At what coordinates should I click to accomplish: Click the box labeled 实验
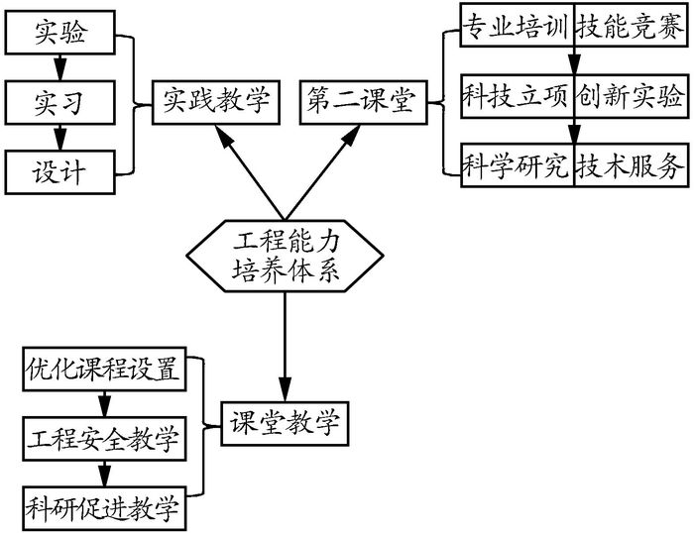point(59,35)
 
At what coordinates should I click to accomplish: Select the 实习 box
point(59,102)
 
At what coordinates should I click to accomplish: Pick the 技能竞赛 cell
point(630,26)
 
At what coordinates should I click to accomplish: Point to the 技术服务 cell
point(630,166)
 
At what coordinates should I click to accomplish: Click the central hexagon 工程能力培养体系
point(286,256)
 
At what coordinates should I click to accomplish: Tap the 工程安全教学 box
point(103,437)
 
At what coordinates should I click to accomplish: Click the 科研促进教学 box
point(103,508)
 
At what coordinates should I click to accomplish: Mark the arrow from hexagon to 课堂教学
point(286,347)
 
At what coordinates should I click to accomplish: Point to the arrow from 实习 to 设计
point(59,136)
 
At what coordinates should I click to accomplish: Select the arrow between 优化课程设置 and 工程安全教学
point(103,403)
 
